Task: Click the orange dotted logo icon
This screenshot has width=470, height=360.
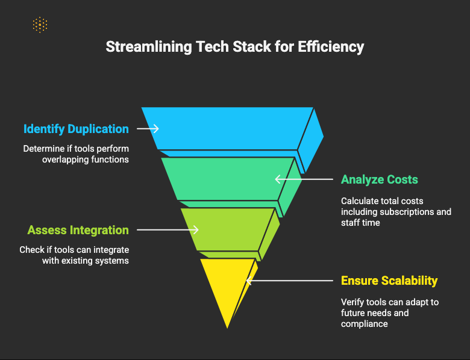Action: tap(40, 25)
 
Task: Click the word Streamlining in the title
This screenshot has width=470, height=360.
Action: tap(149, 47)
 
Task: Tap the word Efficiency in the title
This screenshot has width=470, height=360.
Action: tap(331, 47)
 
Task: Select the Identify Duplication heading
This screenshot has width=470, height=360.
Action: tap(76, 129)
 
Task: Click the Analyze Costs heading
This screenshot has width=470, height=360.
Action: tap(380, 179)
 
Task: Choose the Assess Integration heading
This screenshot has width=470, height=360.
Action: tap(78, 230)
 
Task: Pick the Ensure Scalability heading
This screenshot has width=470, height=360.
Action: tap(389, 281)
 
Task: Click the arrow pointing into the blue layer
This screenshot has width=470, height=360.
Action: tap(148, 128)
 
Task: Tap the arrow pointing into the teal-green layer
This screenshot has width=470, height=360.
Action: tap(304, 179)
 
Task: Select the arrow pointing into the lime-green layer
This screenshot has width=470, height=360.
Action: tap(168, 230)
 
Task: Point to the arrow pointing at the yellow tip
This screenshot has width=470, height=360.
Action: tap(290, 281)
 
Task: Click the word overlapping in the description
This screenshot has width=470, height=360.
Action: tap(65, 160)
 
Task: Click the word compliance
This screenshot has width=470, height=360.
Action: tap(364, 324)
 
